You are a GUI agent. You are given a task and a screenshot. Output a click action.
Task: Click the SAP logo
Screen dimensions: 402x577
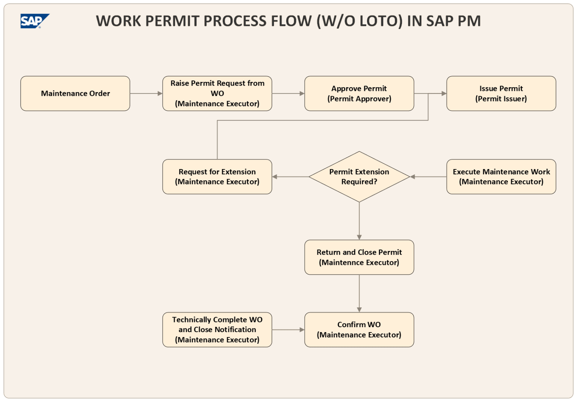(x=34, y=21)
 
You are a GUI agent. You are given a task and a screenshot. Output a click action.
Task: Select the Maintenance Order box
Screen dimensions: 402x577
(x=75, y=94)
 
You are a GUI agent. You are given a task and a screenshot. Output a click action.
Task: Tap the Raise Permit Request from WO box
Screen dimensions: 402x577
(x=217, y=94)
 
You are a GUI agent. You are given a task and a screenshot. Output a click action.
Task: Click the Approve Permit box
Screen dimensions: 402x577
(x=359, y=94)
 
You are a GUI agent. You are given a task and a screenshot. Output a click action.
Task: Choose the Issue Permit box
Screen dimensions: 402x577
(x=501, y=94)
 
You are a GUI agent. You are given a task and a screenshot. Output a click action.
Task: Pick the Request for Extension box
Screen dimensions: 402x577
(x=217, y=177)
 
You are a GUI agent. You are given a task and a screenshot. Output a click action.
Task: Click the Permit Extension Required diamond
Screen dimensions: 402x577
(x=359, y=177)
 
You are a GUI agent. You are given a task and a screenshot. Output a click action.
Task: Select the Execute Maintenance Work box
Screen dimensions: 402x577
(x=501, y=177)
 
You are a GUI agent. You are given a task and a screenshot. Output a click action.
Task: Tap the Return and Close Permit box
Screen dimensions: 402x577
(x=359, y=257)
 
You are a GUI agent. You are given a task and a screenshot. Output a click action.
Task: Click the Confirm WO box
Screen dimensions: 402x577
(x=359, y=329)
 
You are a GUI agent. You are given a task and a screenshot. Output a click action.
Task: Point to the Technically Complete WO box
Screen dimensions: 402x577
(x=217, y=329)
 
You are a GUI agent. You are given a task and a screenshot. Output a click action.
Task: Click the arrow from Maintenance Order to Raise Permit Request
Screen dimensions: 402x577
(x=146, y=94)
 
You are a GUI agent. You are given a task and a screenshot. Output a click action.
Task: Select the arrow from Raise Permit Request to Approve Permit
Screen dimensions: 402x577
(x=288, y=94)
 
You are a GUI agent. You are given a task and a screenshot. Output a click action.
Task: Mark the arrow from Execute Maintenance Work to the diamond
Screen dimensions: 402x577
(x=428, y=177)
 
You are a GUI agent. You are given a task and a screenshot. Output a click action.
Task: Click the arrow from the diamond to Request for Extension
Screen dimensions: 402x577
(x=290, y=177)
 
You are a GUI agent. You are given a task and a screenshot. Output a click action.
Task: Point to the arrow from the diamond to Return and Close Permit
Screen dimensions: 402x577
(x=359, y=221)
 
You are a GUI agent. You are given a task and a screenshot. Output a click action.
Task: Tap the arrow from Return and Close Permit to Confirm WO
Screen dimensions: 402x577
(x=359, y=293)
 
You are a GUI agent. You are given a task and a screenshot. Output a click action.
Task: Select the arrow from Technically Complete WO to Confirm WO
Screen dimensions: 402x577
(x=288, y=329)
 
